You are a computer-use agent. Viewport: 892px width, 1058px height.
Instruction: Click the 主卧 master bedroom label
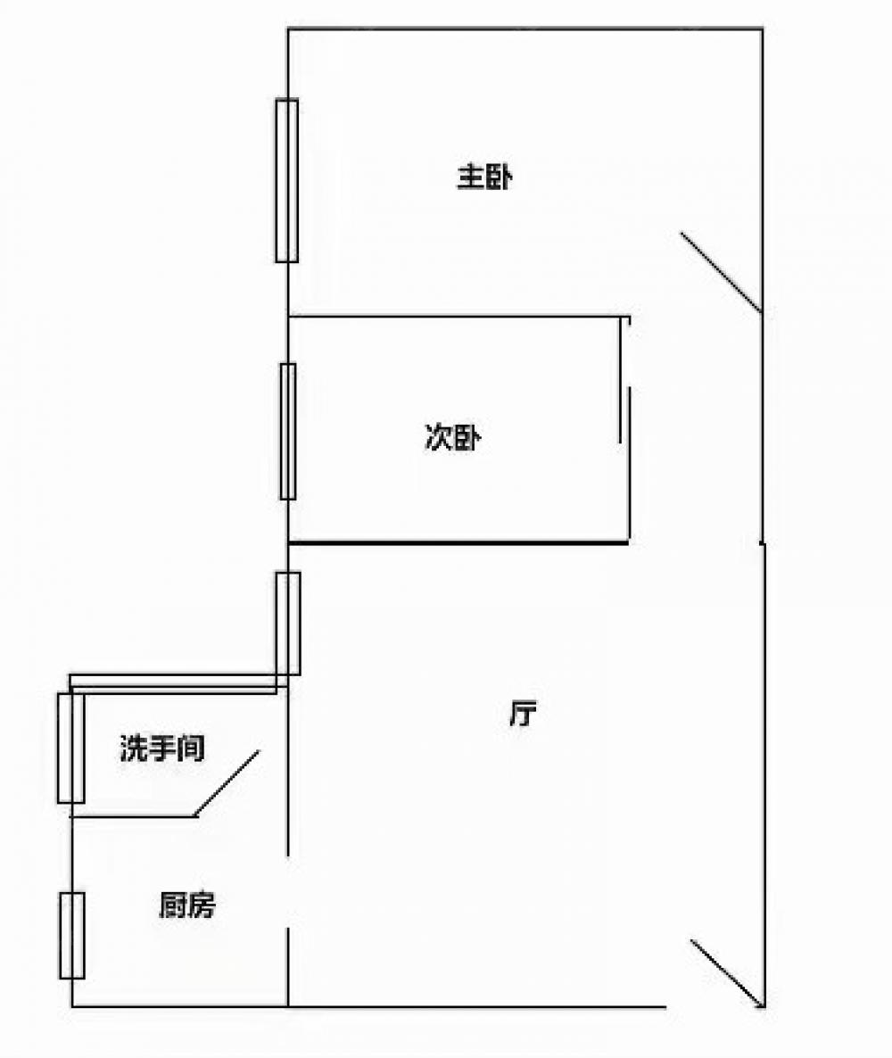coord(483,178)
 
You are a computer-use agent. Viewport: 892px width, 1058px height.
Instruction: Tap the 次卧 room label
coord(453,438)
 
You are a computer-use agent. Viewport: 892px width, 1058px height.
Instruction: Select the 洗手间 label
coord(162,748)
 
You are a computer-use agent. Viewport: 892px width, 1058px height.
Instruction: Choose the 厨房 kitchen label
coord(187,906)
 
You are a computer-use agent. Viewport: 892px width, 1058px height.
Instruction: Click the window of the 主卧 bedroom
coord(286,180)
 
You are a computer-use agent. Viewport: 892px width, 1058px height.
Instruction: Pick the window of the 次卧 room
coord(287,431)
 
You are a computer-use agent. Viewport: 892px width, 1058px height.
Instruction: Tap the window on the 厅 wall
coord(288,624)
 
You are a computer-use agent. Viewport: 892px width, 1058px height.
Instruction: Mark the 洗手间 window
coord(70,748)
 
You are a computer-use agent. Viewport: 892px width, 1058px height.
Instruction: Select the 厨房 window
coord(72,935)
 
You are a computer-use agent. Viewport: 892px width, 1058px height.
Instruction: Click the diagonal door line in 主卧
coord(721,272)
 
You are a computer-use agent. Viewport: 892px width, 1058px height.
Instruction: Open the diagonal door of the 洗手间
coord(227,782)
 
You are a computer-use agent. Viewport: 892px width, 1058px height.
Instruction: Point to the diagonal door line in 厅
coord(727,973)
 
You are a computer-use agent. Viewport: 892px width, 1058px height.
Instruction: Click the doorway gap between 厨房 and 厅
coord(288,892)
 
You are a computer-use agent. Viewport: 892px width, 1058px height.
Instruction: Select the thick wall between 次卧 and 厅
coord(458,541)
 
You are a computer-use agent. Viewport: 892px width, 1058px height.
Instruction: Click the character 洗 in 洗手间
coord(134,748)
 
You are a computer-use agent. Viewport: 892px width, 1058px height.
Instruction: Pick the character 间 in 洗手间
coord(191,748)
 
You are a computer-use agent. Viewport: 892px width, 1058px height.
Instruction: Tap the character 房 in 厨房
coord(202,906)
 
